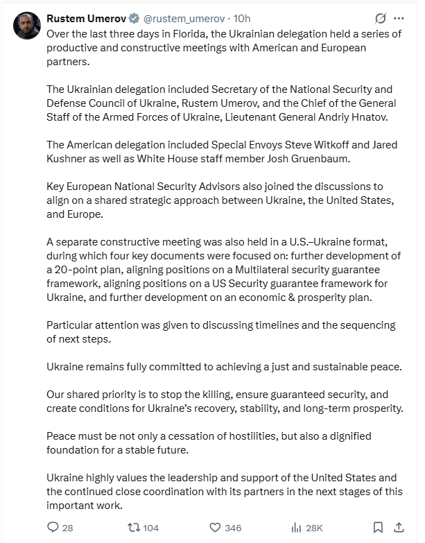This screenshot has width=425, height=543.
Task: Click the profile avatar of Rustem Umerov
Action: click(27, 26)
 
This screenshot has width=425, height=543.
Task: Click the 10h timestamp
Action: click(223, 19)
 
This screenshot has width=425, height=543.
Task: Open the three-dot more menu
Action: click(399, 19)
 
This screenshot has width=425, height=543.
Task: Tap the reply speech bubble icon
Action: click(53, 527)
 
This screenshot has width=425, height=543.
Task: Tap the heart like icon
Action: click(215, 527)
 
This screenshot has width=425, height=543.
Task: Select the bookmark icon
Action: click(378, 527)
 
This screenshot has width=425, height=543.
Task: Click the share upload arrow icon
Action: click(399, 527)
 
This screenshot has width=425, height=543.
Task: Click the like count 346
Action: click(233, 528)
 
